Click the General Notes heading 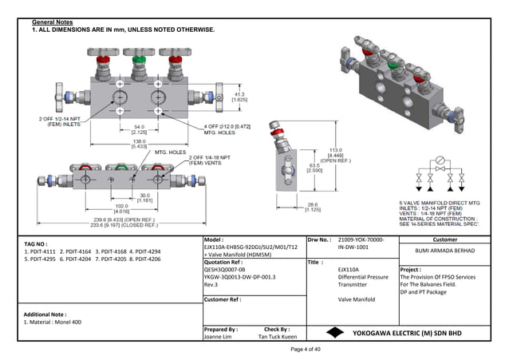[x=53, y=20]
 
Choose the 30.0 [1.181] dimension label [x=144, y=197]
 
